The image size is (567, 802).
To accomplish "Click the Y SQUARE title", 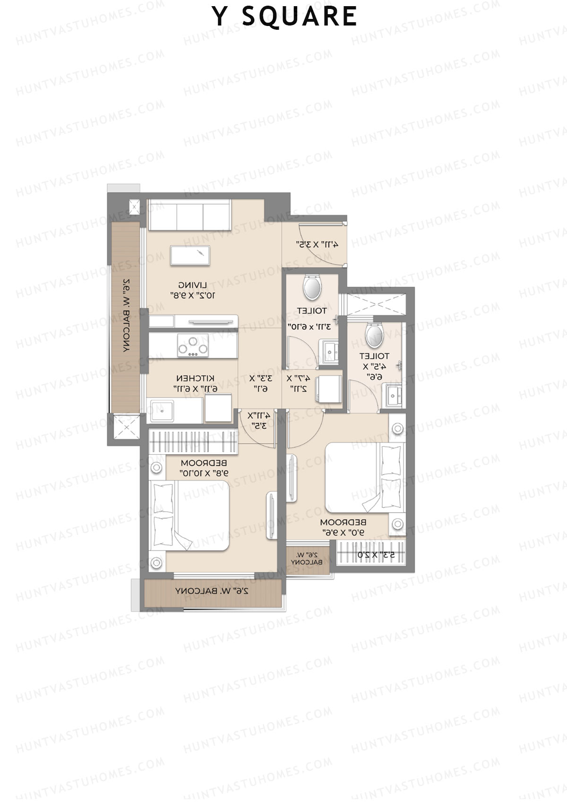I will pos(284,17).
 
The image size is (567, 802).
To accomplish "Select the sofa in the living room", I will pos(189,214).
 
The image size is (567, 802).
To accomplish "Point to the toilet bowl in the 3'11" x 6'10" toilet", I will pos(312,287).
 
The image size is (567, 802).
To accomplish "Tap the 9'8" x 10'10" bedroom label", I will pos(204,467).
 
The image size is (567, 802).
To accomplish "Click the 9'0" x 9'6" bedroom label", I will pos(343,527).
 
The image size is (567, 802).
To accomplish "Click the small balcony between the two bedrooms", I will pos(307,559).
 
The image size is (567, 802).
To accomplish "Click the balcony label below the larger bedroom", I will pos(212,591).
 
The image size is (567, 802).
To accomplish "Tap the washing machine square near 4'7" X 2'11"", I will pos(328,388).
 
